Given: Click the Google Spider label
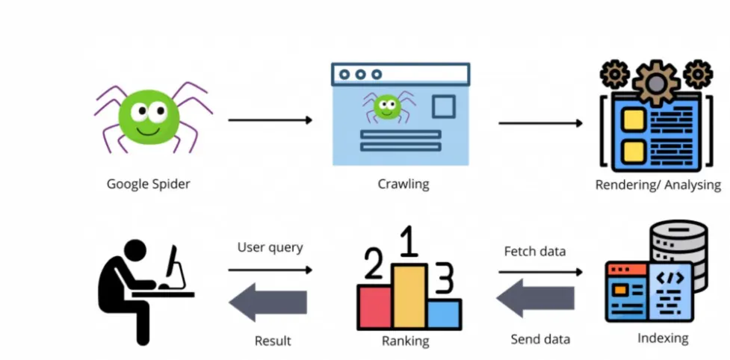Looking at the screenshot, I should [x=148, y=184].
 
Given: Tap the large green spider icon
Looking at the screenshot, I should [x=152, y=117].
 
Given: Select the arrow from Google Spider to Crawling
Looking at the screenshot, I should [x=270, y=120].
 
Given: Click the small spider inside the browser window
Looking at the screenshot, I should [x=386, y=107].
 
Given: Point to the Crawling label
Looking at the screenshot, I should [x=403, y=184].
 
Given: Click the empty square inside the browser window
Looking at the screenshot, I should [x=443, y=108].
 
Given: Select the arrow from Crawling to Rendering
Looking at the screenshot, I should [x=540, y=122].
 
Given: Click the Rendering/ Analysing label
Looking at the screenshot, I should [x=658, y=185].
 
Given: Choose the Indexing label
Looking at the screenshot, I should [x=663, y=338].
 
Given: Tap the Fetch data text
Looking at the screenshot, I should [x=534, y=251].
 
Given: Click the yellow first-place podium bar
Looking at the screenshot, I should [x=409, y=297].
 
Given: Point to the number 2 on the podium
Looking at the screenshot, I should [x=374, y=266].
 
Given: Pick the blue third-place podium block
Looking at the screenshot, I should [x=444, y=314].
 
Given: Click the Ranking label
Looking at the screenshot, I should [x=405, y=341].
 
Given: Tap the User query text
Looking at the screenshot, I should [x=270, y=247].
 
